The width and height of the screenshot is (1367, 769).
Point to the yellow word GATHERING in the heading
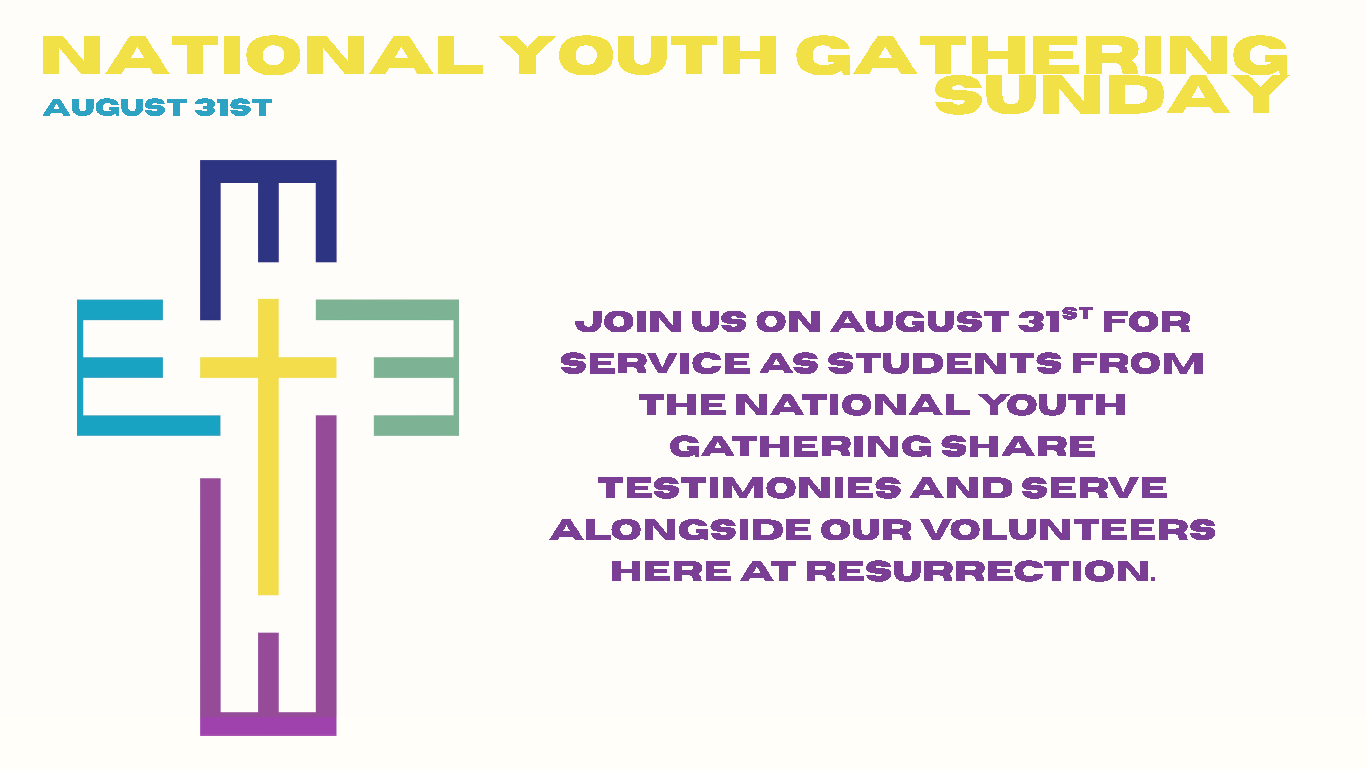pyautogui.click(x=1042, y=55)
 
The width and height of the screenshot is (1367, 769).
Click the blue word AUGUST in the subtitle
pyautogui.click(x=114, y=107)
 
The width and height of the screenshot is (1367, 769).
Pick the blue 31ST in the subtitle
pyautogui.click(x=233, y=107)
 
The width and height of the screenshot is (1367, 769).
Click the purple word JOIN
pyautogui.click(x=628, y=322)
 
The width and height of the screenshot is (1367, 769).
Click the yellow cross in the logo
pyautogui.click(x=268, y=367)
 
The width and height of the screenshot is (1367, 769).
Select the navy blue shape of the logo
pyautogui.click(x=210, y=239)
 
